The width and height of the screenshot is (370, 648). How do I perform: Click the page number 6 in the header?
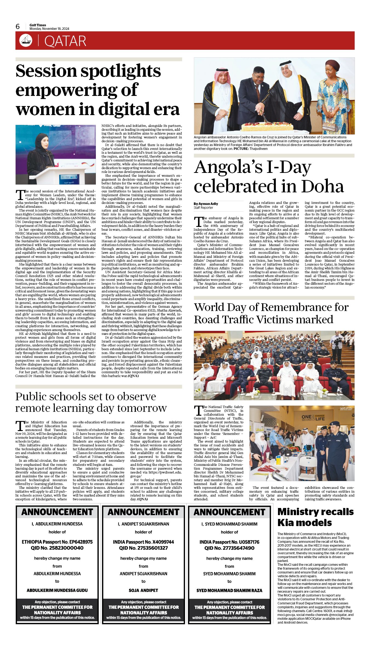tap(18, 27)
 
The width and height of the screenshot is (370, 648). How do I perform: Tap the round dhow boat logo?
tap(25, 41)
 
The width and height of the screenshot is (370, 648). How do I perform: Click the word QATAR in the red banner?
tap(65, 41)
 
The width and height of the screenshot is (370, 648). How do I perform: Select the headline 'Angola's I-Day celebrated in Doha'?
tap(268, 177)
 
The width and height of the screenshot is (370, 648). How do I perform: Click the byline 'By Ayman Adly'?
tap(206, 204)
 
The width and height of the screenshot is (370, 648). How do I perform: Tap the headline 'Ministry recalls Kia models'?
tap(315, 517)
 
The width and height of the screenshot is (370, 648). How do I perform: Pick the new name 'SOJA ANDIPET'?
tap(143, 590)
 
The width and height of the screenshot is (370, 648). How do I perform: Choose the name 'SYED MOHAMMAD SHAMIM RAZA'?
tap(229, 590)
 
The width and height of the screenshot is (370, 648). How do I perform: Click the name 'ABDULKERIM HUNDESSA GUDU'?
tap(57, 590)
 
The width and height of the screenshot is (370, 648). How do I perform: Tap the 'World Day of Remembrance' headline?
tap(271, 313)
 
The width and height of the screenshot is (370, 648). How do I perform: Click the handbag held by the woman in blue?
tap(328, 127)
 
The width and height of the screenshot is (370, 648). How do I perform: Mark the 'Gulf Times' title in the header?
tap(38, 25)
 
